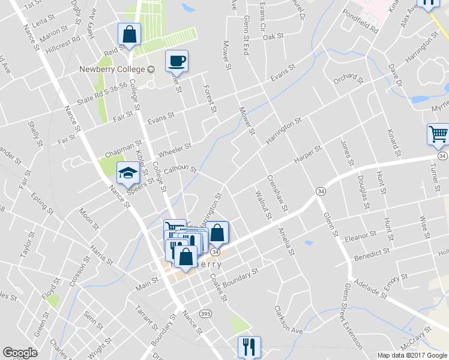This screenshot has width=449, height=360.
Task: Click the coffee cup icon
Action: [176, 61]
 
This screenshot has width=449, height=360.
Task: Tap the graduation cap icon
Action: [127, 174]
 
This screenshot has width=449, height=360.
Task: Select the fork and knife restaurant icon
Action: [249, 346]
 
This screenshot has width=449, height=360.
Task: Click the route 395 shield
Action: [206, 314]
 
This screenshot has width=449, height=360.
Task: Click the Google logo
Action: [20, 353]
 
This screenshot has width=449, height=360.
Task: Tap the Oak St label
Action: [273, 37]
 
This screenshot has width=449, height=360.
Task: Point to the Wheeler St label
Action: [175, 146]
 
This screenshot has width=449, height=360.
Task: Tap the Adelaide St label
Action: [371, 290]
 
